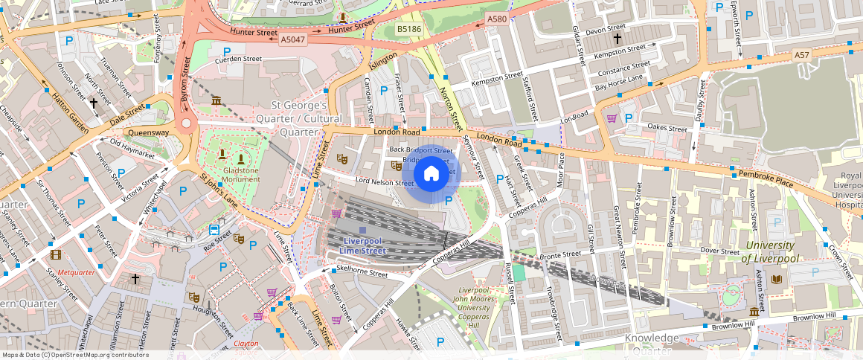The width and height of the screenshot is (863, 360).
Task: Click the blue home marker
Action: coord(431,174)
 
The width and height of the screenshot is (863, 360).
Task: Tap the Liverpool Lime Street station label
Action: coord(365,245)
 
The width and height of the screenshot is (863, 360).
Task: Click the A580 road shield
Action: coord(496,19)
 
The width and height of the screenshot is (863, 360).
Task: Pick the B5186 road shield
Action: coord(408,29)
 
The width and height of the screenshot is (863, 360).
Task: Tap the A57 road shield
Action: coord(801,55)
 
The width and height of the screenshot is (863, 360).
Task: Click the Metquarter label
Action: coord(77,272)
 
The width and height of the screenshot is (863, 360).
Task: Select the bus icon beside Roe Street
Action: coord(214,230)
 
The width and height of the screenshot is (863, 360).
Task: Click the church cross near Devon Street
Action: coord(617,37)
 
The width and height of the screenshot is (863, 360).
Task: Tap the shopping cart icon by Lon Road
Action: coord(612,118)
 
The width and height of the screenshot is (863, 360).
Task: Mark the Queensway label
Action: coord(149,132)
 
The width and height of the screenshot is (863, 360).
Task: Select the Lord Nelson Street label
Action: coord(385,182)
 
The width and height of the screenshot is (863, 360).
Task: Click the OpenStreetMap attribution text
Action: coord(76,355)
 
